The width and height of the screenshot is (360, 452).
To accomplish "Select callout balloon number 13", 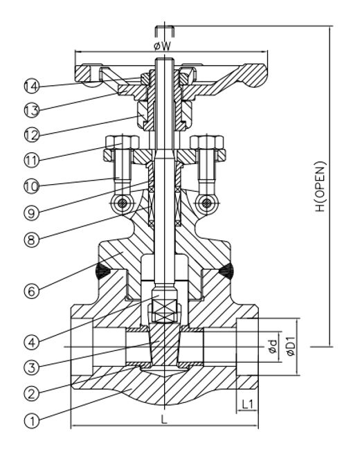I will point(29,110).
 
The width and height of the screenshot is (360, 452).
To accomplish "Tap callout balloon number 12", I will point(29,134).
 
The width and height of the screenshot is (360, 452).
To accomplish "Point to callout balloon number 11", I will point(29,159).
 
